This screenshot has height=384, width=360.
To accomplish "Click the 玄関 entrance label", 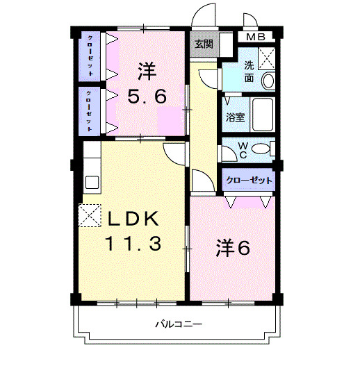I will [204, 44].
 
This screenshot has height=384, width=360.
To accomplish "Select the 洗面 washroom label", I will [249, 72].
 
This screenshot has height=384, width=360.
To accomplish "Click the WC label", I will [243, 149].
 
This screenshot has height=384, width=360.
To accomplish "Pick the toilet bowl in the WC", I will [260, 149].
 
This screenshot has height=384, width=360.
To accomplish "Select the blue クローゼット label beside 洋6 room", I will [248, 181].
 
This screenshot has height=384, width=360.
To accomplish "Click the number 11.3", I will [133, 244].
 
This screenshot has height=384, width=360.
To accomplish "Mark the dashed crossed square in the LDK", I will [90, 215].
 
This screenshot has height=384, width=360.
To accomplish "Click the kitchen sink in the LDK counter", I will [91, 183].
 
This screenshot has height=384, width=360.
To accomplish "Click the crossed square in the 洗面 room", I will [268, 58].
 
